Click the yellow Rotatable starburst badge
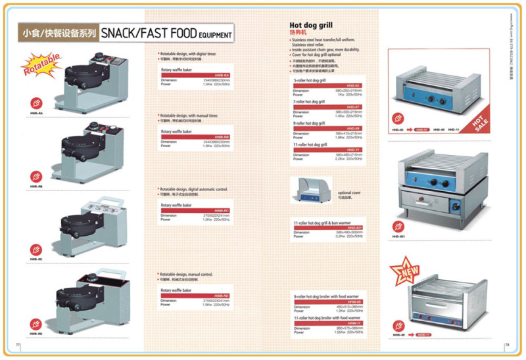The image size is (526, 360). coord(42,64)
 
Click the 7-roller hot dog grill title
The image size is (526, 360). coord(309,102)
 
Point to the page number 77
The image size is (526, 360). coord(18,344)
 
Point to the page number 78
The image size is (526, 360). coord(507,344)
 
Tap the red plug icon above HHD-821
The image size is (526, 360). coord(397,219)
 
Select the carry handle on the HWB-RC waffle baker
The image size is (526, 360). coord(92,199)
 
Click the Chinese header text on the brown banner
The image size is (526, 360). coord(59,32)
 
